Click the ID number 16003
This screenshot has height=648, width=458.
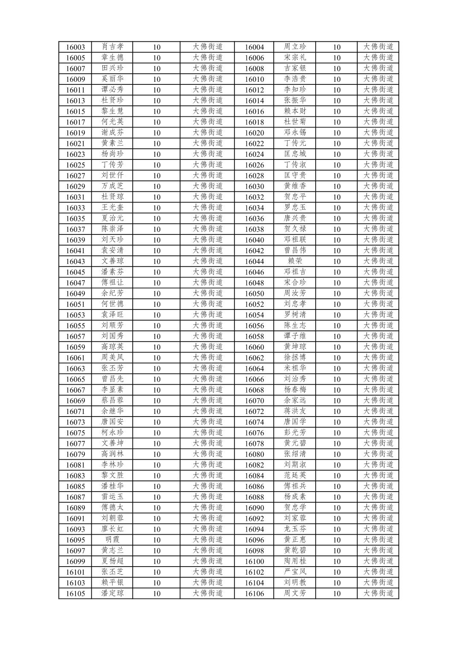[x=75, y=47]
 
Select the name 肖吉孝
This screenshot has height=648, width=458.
[x=112, y=47]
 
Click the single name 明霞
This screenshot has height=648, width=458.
[x=112, y=540]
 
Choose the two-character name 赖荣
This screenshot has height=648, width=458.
[x=295, y=261]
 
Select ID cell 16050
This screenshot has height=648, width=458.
[x=254, y=294]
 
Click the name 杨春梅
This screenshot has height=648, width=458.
[x=295, y=390]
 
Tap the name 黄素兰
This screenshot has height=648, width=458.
[x=112, y=143]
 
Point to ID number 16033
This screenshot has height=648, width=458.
[x=75, y=208]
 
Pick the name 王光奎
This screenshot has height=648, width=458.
[x=112, y=208]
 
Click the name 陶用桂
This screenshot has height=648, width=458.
[x=295, y=561]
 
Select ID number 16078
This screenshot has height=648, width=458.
[x=254, y=444]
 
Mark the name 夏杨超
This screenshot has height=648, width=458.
[x=112, y=561]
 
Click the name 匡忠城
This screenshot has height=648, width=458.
[x=295, y=154]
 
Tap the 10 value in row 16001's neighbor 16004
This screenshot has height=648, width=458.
[x=336, y=47]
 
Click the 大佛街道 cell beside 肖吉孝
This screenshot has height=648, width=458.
[x=207, y=47]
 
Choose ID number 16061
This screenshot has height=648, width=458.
[x=75, y=358]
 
